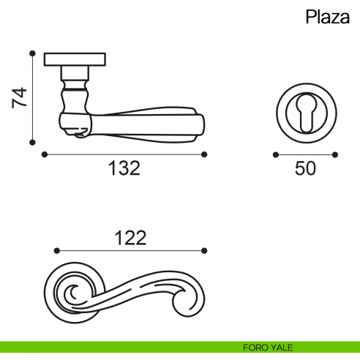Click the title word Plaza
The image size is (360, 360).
pos(328,17)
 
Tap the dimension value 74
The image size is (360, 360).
pos(20,97)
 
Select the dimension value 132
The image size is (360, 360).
pos(124,168)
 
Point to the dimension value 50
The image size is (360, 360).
pos(305,168)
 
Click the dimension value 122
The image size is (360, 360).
pos(130,238)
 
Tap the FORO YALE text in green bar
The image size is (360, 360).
pos(268,348)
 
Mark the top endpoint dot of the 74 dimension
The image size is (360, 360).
pos(32,53)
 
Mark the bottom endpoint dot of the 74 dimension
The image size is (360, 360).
pos(32,143)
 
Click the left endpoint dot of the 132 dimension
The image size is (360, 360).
pos(45,154)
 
